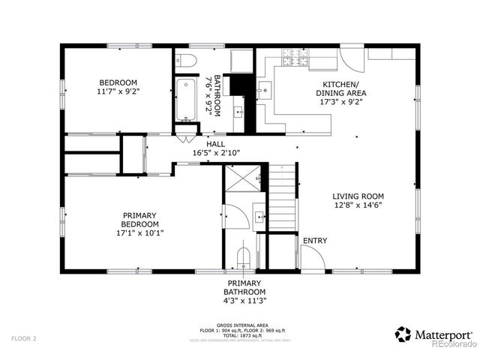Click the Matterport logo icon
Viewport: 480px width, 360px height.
click(403, 333)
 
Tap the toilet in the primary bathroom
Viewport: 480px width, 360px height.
click(243, 257)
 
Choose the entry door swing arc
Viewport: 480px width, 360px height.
click(313, 256)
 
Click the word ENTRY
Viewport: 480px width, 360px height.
click(315, 241)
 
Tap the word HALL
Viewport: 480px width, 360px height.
click(215, 144)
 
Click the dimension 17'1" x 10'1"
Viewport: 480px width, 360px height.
click(141, 232)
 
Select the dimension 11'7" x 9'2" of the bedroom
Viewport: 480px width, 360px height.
click(119, 91)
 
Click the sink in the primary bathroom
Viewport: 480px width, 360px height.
click(259, 217)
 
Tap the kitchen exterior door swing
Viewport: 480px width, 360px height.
click(351, 58)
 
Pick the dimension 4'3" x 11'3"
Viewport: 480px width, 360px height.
click(245, 300)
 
